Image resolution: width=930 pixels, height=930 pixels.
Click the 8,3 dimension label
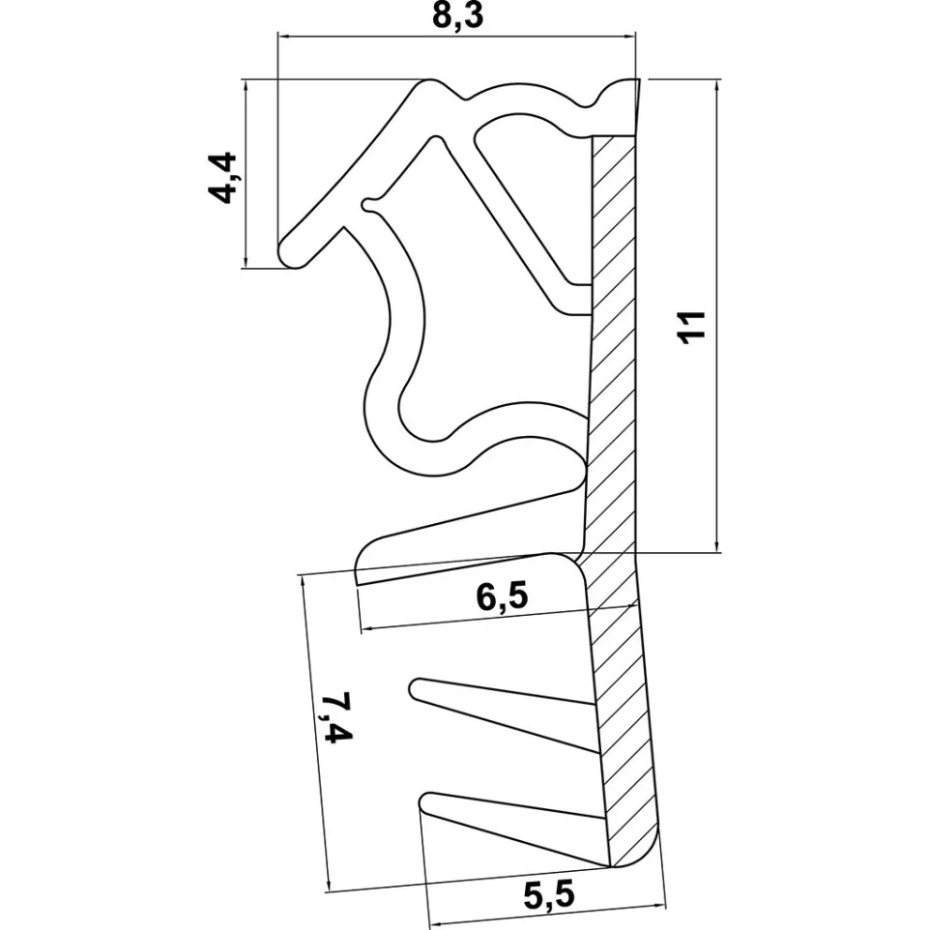coord(458,16)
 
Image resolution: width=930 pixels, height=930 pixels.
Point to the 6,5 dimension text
coord(502,596)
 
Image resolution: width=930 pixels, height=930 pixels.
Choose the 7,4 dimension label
coord(336,717)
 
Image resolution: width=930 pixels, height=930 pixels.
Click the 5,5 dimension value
coord(549,895)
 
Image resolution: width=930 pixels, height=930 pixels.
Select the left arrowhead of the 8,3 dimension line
coord(283,37)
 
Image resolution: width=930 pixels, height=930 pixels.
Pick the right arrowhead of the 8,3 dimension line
coord(629,37)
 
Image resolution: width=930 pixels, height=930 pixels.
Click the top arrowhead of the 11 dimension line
coord(717,85)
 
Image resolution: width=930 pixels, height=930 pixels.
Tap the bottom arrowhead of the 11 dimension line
coord(717,546)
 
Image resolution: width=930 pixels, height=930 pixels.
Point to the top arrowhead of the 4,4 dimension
coord(245,85)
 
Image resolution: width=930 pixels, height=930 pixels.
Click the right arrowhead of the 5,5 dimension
coord(659,906)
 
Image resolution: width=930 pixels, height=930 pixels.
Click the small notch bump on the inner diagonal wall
coord(368,205)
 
